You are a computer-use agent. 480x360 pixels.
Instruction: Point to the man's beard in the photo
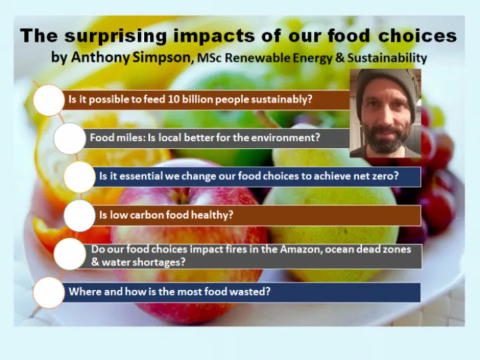[385, 140]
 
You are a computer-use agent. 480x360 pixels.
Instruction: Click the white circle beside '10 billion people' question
[49, 100]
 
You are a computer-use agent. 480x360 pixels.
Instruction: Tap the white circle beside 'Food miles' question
[69, 139]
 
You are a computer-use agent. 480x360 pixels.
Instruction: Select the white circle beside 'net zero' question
[79, 177]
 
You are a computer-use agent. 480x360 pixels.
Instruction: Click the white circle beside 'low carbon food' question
[79, 215]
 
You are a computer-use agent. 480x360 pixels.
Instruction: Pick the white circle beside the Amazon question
[69, 255]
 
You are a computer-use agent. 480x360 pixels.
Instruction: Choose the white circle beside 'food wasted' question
[49, 292]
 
